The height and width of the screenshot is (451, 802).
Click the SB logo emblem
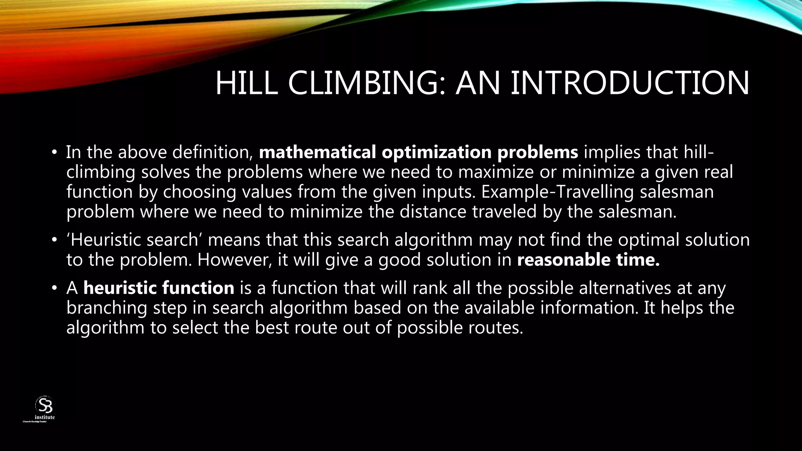click(x=44, y=405)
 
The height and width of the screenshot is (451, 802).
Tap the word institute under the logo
click(x=45, y=417)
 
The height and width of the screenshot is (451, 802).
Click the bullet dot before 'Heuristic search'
click(x=54, y=240)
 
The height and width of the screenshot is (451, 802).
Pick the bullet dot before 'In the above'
click(x=54, y=153)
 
